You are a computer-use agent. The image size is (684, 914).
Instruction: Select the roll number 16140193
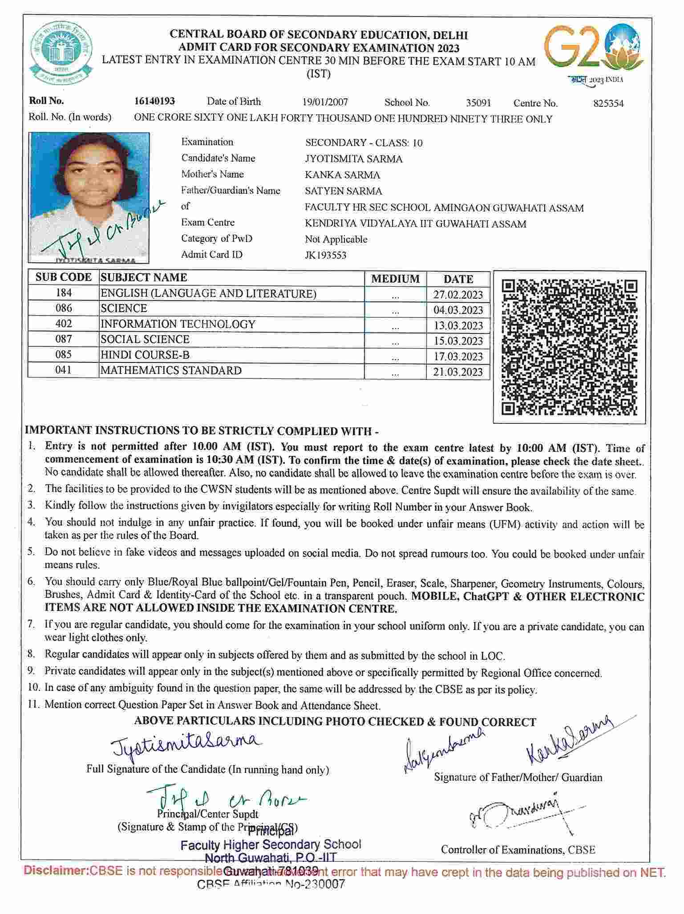pyautogui.click(x=154, y=102)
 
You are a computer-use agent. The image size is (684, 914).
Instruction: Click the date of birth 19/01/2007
pyautogui.click(x=325, y=102)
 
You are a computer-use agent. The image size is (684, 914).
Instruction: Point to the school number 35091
pyautogui.click(x=478, y=103)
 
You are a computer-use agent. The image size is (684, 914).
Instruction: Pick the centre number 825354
pyautogui.click(x=608, y=104)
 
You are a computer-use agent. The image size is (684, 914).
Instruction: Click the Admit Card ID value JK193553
pyautogui.click(x=326, y=256)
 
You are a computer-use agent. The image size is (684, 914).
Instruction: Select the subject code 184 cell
pyautogui.click(x=64, y=293)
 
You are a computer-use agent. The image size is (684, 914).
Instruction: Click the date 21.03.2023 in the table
pyautogui.click(x=458, y=372)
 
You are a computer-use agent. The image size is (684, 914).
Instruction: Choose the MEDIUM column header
pyautogui.click(x=395, y=279)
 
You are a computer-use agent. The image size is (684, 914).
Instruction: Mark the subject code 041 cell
pyautogui.click(x=64, y=370)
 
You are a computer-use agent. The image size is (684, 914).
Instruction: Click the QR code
pyautogui.click(x=570, y=347)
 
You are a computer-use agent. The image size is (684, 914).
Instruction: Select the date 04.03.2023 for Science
pyautogui.click(x=458, y=310)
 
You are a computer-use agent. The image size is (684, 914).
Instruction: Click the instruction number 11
pyautogui.click(x=34, y=704)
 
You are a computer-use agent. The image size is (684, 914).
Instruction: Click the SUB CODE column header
pyautogui.click(x=64, y=277)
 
